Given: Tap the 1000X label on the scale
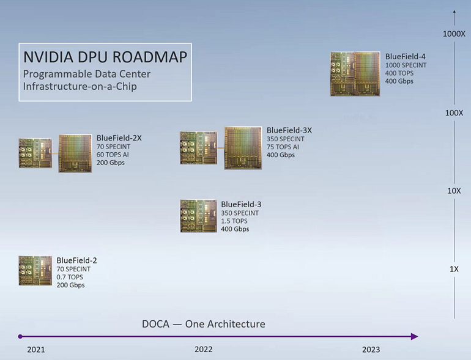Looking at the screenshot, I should coord(454,34).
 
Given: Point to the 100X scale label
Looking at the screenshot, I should coord(454,112).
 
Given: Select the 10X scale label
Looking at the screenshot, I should coord(454,191).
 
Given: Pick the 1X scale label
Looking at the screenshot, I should coord(454,270).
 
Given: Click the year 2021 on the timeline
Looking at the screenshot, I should coord(36,350).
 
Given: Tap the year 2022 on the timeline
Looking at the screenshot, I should coord(204,350).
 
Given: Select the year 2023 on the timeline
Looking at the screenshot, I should coord(371,350).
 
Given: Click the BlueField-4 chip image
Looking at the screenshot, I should coord(355,74).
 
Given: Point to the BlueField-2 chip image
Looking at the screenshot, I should coord(35,271).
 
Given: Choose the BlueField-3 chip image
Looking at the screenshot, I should coord(198,216).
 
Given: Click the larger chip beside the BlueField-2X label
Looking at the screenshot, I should coord(75,153).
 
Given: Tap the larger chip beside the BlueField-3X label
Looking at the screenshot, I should coord(243,147).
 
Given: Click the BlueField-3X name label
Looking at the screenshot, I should coord(289,130).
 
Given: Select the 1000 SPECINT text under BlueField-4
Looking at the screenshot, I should coord(406,65).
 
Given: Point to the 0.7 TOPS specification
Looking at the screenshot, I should coord(70,277).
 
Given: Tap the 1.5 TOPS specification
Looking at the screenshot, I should coord(234,221).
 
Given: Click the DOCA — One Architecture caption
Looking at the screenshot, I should coord(204,323).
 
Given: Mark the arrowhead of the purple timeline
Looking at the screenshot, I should coord(415,336).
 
